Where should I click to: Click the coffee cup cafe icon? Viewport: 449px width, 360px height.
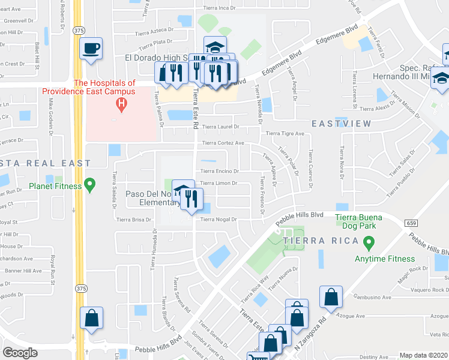click(91, 48)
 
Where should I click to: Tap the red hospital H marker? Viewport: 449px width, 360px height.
click(122, 104)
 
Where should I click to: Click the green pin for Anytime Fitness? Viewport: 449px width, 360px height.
click(369, 244)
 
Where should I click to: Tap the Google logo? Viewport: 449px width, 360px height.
click(20, 353)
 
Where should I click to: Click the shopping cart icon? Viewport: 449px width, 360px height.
click(258, 356)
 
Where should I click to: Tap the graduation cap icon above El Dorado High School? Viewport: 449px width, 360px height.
click(214, 46)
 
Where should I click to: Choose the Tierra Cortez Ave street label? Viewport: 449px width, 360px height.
click(223, 143)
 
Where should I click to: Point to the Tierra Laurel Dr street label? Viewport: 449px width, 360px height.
click(220, 127)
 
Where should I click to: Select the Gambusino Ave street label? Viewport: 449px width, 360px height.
click(372, 297)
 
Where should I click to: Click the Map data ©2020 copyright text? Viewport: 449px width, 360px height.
click(423, 355)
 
